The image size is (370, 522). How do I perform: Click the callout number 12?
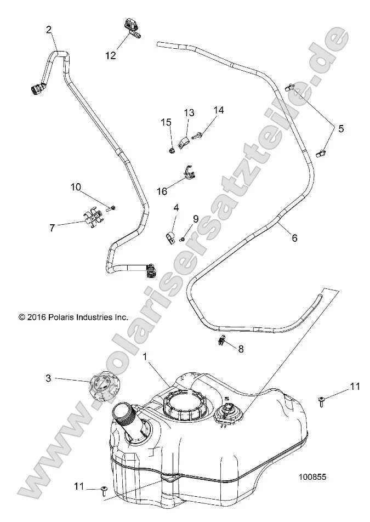[x=111, y=55]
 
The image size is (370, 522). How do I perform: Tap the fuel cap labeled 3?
[x=101, y=386]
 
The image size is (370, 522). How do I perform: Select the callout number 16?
[x=162, y=191]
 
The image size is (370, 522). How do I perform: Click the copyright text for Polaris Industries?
[x=73, y=316]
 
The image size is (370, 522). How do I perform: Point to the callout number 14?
[x=219, y=110]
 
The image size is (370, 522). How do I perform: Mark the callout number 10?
[x=75, y=187]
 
